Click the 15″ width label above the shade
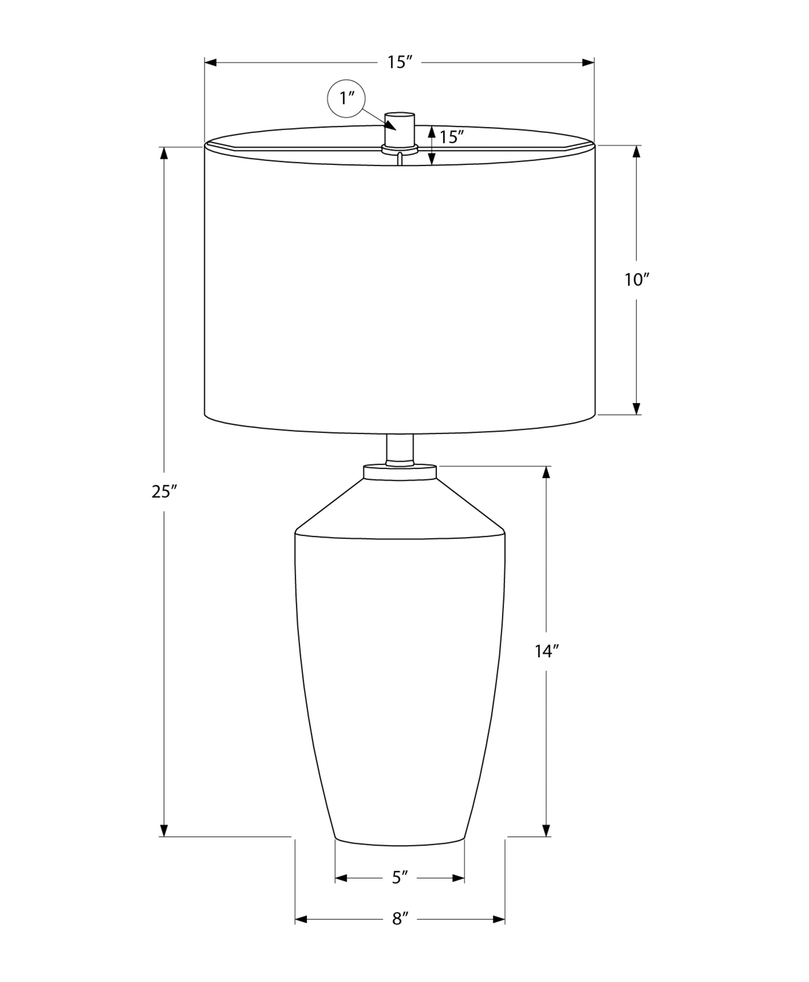(399, 62)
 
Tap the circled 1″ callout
(347, 99)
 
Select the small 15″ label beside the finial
(452, 137)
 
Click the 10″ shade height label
(637, 280)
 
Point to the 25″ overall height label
(163, 491)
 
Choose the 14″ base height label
(546, 651)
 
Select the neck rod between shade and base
(400, 449)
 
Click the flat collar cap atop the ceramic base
(400, 472)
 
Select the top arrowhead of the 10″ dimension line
(637, 152)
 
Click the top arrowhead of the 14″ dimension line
(546, 472)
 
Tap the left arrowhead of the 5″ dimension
(341, 878)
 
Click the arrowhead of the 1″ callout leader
(391, 126)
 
